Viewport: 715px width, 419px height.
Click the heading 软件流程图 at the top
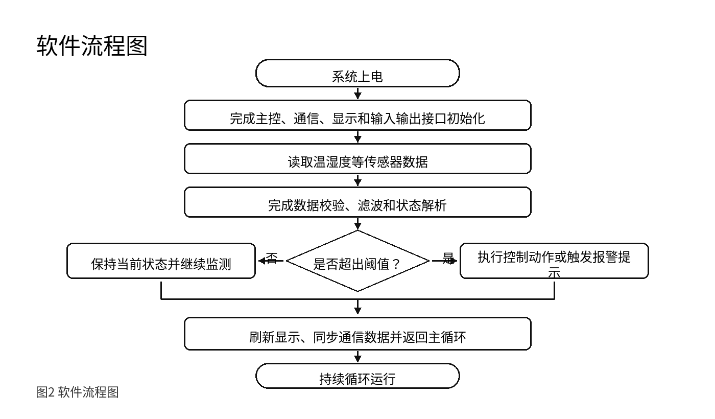(x=91, y=45)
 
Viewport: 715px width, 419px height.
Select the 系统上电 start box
(x=357, y=73)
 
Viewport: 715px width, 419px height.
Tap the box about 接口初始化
(x=357, y=115)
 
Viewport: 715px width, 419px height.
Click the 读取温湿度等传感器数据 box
(x=357, y=159)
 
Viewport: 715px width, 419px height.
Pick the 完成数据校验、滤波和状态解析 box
(x=357, y=202)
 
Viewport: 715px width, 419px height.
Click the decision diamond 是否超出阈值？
(x=357, y=261)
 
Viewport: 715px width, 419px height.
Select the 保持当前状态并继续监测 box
(x=161, y=261)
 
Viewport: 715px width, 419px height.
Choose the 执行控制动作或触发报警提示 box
(x=554, y=261)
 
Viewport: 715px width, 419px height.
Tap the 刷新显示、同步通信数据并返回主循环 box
(x=357, y=334)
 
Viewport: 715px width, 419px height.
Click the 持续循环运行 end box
(x=357, y=376)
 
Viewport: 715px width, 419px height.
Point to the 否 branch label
(x=272, y=258)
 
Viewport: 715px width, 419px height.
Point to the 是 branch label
(x=448, y=258)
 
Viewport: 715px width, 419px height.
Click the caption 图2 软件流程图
(x=77, y=392)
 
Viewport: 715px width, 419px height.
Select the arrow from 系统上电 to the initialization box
(x=357, y=94)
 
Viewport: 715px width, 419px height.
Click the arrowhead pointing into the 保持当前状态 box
(x=261, y=261)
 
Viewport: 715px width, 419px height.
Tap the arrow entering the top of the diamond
(x=357, y=224)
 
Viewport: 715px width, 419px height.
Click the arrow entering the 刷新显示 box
(x=357, y=307)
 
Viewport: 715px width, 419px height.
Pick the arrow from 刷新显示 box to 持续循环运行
(x=357, y=357)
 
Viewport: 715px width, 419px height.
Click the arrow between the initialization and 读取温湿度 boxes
(x=357, y=137)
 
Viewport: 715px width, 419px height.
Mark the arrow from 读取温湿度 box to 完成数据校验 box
(x=357, y=180)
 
